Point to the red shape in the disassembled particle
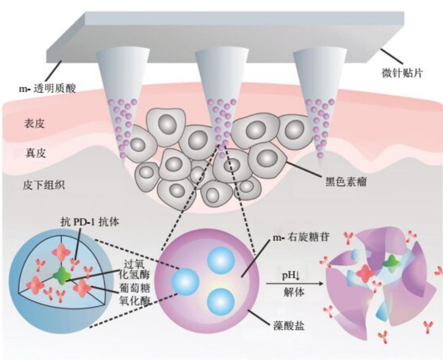[365, 274]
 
